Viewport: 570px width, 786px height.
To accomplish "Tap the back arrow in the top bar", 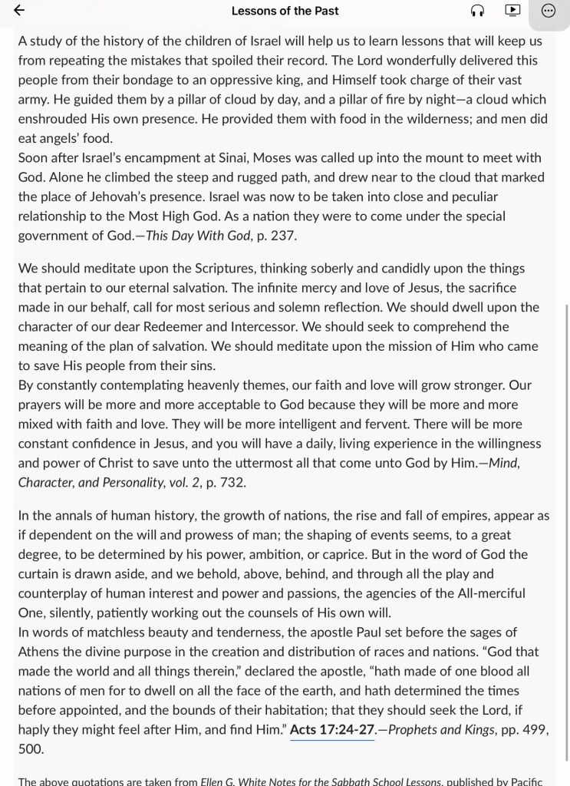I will (x=19, y=11).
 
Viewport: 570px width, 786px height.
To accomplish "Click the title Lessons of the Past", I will (x=285, y=11).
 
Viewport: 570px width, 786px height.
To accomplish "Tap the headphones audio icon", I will (x=477, y=11).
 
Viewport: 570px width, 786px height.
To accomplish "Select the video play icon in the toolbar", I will (x=512, y=11).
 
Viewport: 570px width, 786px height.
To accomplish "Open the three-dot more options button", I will (x=548, y=11).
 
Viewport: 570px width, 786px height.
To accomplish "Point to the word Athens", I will (x=42, y=652).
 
